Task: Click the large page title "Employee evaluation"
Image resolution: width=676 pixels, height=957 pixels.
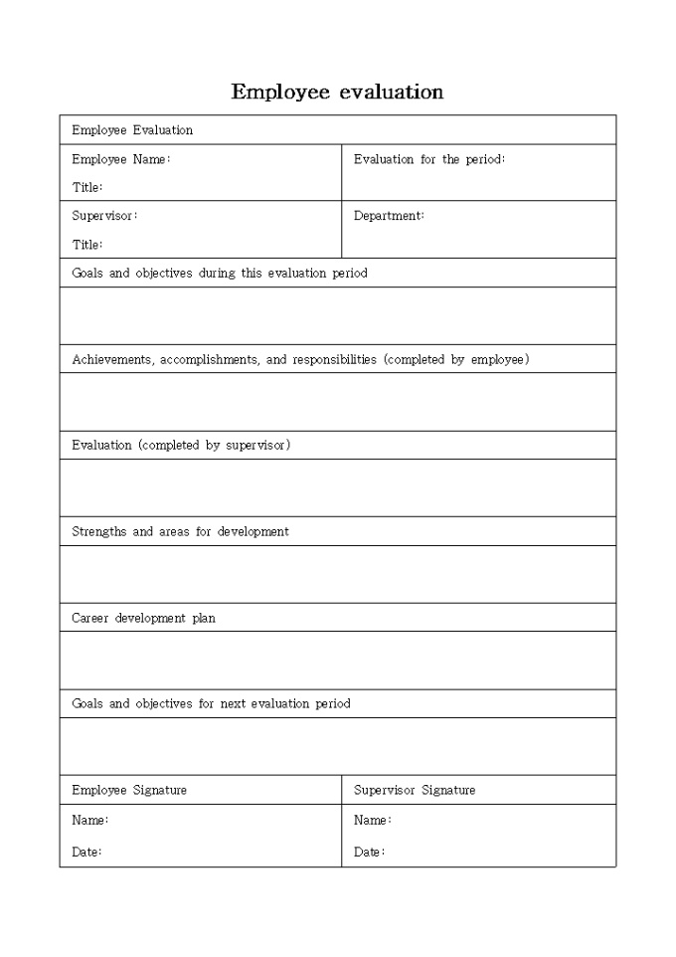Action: click(337, 93)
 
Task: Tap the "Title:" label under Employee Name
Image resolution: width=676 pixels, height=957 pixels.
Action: click(87, 187)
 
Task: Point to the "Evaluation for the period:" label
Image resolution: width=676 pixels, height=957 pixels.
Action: click(429, 159)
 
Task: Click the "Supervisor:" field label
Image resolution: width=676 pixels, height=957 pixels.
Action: click(104, 216)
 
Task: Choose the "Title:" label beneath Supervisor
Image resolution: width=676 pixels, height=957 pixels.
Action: click(87, 245)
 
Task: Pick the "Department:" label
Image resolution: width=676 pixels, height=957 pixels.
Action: click(389, 216)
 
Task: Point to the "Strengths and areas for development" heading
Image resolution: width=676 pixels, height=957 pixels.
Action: click(180, 531)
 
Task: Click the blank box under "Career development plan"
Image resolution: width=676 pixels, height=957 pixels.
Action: click(337, 660)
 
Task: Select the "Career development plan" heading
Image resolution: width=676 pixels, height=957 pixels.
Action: click(143, 618)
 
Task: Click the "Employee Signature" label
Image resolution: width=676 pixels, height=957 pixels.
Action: click(129, 790)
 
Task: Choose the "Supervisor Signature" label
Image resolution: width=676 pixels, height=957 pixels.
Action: click(415, 790)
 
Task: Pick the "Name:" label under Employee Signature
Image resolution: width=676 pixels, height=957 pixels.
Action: click(89, 821)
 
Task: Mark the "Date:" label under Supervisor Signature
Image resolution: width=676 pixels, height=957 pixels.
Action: click(369, 852)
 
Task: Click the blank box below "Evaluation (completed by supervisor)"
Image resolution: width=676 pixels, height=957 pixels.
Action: click(337, 487)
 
